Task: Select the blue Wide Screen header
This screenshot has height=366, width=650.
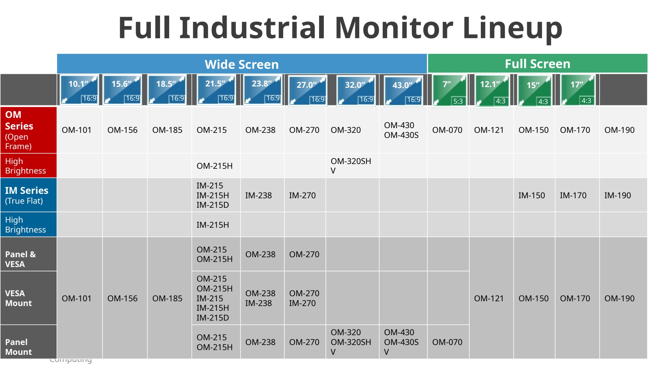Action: pos(242,64)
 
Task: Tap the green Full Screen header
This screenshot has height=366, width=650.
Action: pos(538,63)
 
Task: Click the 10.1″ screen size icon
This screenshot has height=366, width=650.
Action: pos(79,90)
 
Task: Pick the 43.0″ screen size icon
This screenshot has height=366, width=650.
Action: pos(404,91)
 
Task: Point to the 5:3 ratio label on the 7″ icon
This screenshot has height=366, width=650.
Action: pos(458,101)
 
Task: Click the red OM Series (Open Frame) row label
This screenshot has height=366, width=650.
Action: pos(28,130)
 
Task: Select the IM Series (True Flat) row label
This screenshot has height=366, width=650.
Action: pos(28,195)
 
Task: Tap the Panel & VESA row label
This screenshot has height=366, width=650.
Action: pos(28,254)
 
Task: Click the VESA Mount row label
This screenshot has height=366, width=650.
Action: pos(28,298)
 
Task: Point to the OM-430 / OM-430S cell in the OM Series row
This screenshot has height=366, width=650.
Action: pos(403,130)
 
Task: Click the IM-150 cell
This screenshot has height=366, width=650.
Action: pos(534,195)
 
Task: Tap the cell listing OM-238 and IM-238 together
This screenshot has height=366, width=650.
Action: pos(262,298)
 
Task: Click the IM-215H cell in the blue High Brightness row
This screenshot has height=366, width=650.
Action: pos(216,225)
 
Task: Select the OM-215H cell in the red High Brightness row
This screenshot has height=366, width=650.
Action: pos(216,166)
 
